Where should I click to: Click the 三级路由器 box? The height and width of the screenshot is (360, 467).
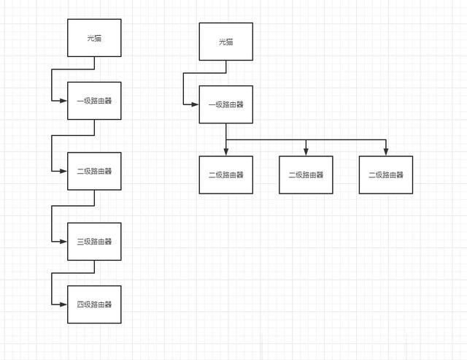[x=94, y=242]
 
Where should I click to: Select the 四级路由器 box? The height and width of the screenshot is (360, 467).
[x=94, y=305]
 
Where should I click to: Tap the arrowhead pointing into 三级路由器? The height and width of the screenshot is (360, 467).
[x=63, y=242]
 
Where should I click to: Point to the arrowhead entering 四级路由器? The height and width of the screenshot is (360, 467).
[x=63, y=305]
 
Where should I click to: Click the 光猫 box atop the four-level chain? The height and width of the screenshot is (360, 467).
[x=94, y=38]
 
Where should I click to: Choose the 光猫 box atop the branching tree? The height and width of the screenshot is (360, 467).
[x=226, y=42]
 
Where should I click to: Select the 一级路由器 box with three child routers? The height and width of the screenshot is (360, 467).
[x=226, y=104]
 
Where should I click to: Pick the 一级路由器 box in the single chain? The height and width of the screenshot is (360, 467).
[x=94, y=101]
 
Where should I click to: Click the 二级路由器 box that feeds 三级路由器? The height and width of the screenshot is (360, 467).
[x=94, y=171]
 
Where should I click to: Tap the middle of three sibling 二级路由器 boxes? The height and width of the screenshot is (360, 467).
[x=306, y=175]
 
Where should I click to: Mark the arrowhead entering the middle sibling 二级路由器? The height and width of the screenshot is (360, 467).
[x=306, y=152]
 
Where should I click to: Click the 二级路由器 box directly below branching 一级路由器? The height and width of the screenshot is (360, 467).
[x=226, y=175]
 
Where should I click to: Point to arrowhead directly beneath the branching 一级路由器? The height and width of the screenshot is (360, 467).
[x=226, y=152]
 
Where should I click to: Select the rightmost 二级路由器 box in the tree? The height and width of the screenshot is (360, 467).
[x=386, y=175]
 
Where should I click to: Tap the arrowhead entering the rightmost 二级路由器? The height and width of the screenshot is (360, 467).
[x=386, y=152]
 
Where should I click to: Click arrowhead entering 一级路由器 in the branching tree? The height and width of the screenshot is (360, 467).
[x=195, y=104]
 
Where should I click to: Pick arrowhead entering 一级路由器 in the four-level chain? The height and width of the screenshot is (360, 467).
[x=63, y=101]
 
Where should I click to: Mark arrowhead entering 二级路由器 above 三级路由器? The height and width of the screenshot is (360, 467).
[x=63, y=171]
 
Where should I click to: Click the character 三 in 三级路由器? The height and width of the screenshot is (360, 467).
[x=80, y=242]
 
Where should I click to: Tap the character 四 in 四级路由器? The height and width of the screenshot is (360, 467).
[x=80, y=305]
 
